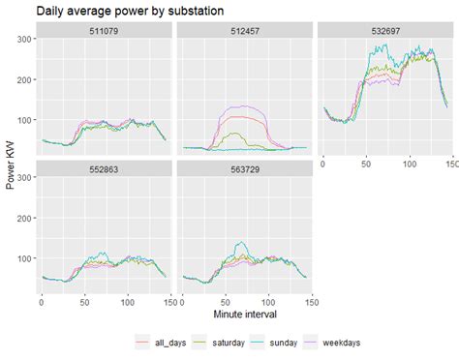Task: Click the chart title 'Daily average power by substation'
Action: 130,11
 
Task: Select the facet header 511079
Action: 104,30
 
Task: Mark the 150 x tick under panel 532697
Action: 448,165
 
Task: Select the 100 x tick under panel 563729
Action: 269,302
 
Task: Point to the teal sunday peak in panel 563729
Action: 241,244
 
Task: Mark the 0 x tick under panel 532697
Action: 324,165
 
